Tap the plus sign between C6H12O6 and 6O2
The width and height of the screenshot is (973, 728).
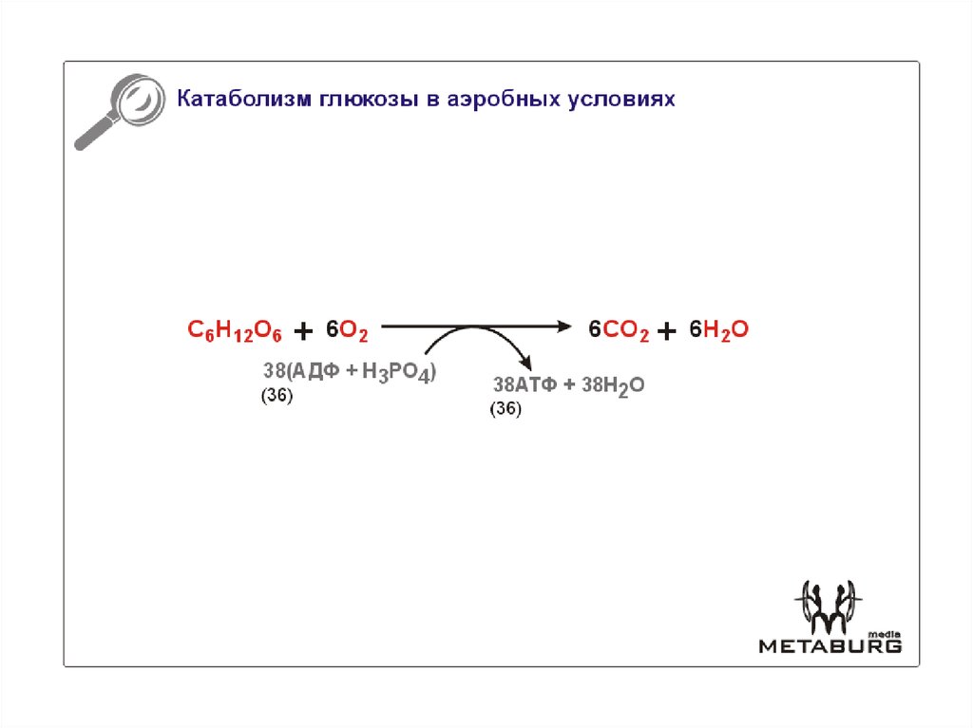pyautogui.click(x=303, y=330)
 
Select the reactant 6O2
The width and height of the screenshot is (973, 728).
pyautogui.click(x=347, y=330)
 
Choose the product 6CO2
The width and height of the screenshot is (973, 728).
pyautogui.click(x=619, y=330)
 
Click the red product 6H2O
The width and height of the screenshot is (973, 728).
pyautogui.click(x=719, y=330)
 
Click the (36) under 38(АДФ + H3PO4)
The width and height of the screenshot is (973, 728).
pyautogui.click(x=277, y=399)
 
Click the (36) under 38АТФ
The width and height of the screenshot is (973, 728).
pyautogui.click(x=506, y=410)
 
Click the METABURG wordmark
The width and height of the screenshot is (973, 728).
pyautogui.click(x=829, y=645)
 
